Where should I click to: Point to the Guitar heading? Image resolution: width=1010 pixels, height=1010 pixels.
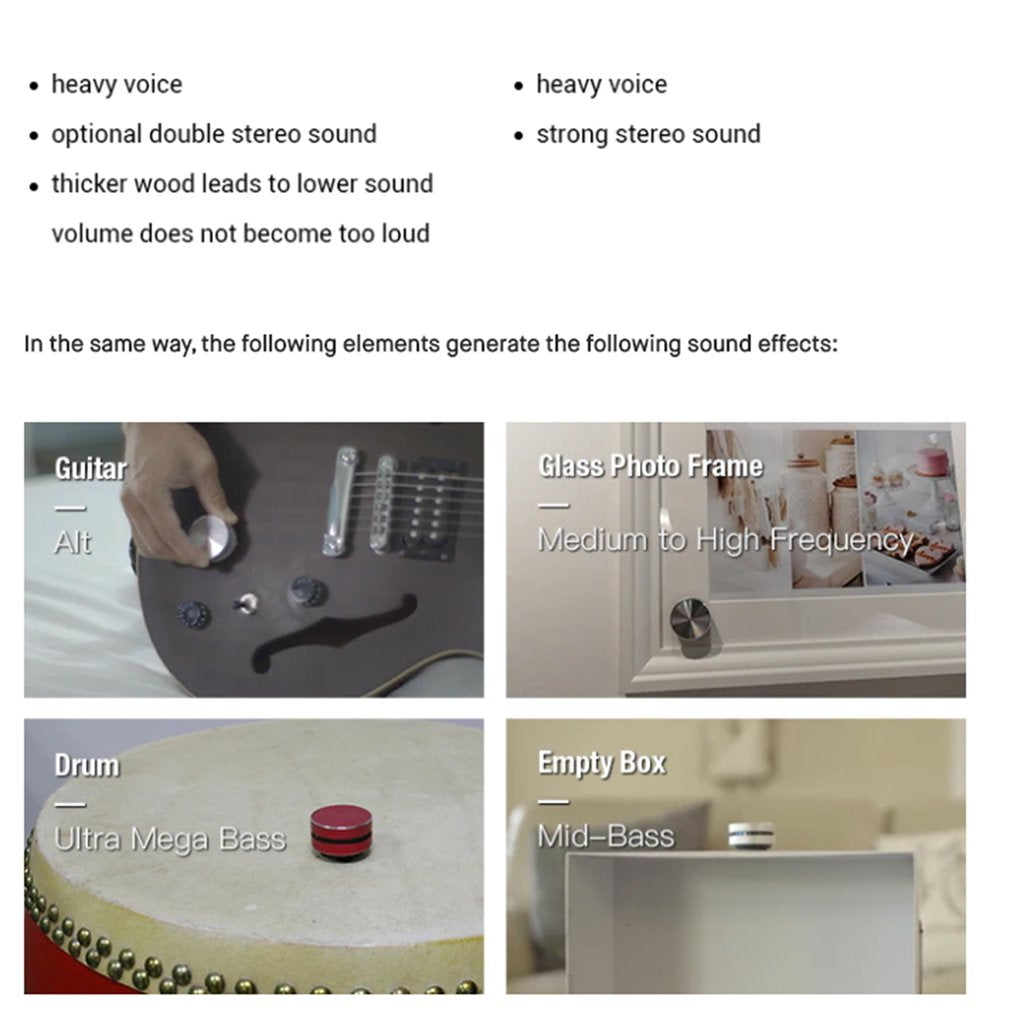(x=90, y=468)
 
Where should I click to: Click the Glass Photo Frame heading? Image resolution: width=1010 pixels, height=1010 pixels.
(x=649, y=466)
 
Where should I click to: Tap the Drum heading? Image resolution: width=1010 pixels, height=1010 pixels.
(x=86, y=765)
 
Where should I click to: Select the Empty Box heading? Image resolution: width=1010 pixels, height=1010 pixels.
(x=601, y=763)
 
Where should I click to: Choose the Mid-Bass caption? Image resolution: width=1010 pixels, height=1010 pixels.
(x=605, y=835)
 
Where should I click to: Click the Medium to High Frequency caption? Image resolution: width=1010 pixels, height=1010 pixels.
(x=725, y=540)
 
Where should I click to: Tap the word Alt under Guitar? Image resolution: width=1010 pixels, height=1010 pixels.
(x=72, y=542)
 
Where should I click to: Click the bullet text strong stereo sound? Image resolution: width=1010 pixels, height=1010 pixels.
(x=648, y=134)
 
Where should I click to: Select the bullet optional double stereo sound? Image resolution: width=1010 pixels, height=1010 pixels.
(x=214, y=134)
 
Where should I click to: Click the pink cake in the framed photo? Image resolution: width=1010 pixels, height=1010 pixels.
(x=931, y=463)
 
